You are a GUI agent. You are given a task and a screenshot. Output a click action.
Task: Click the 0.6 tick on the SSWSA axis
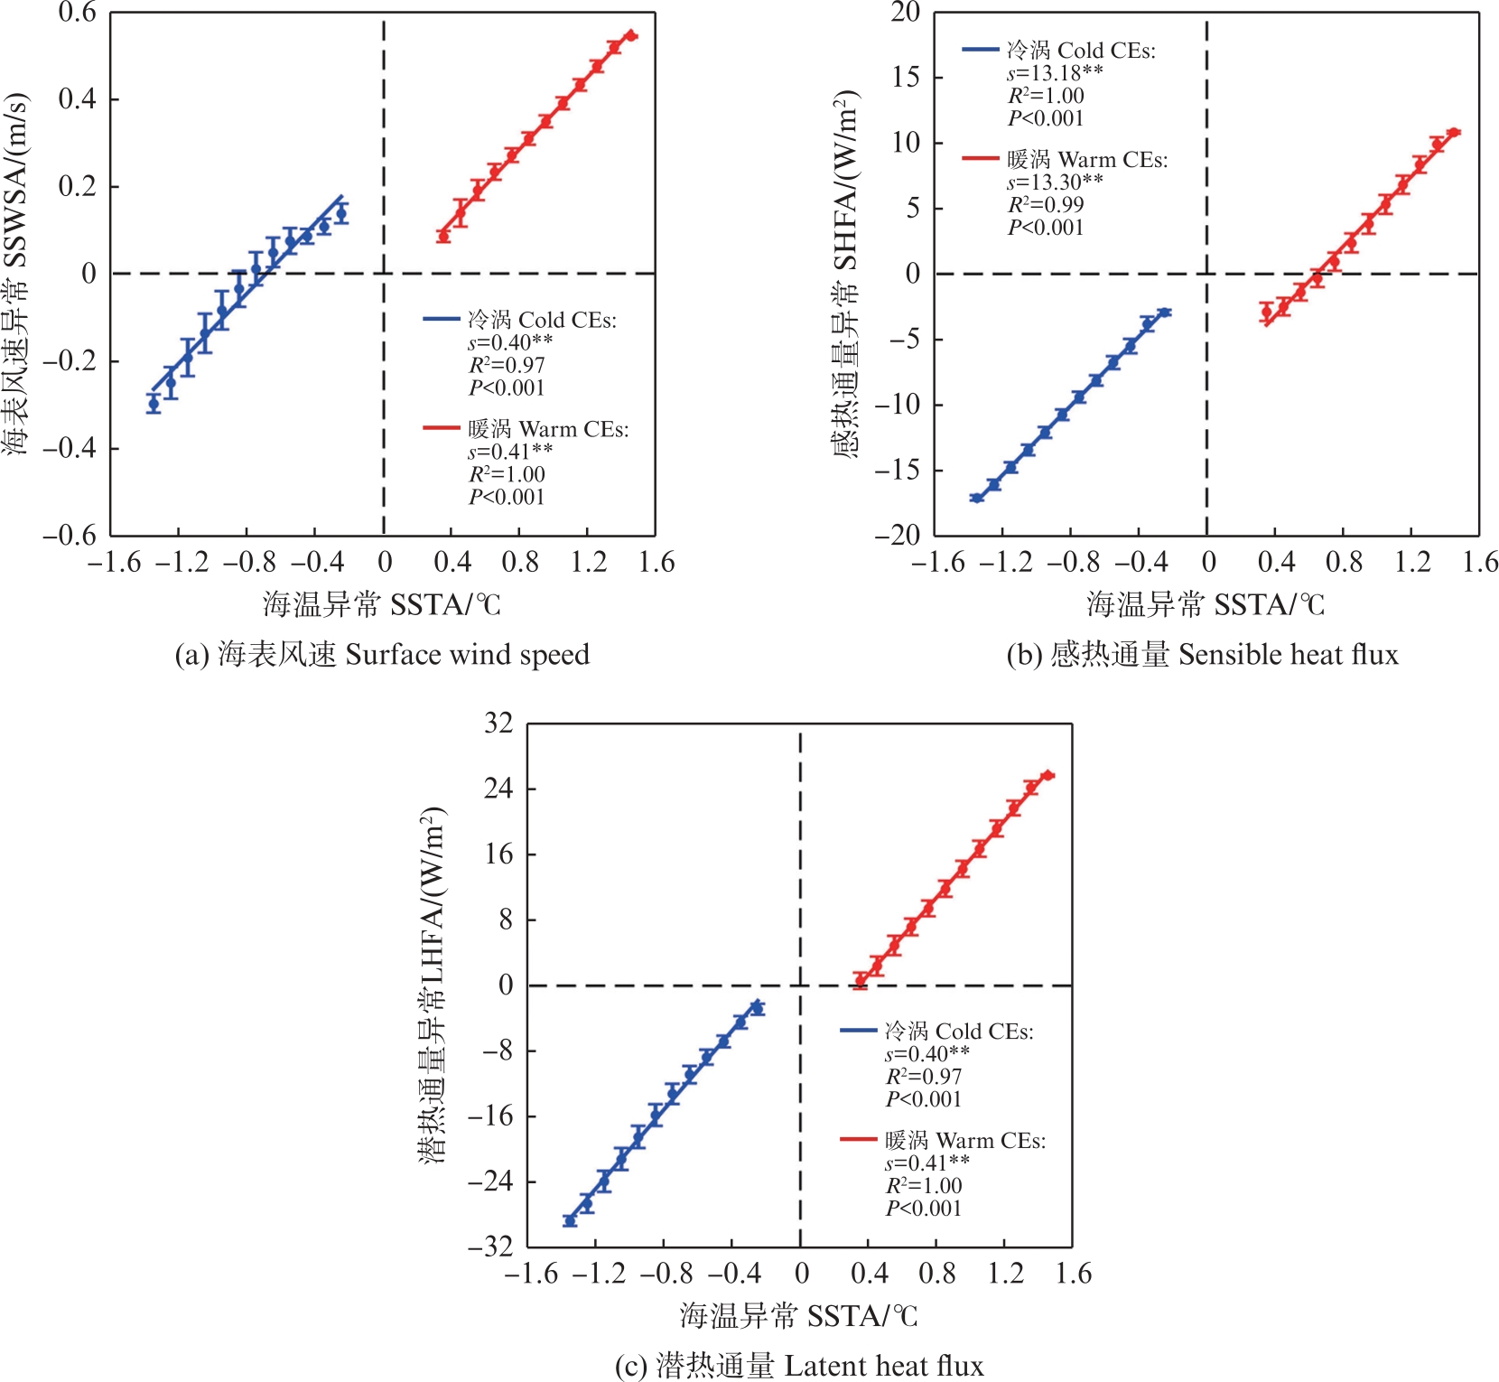pos(77,13)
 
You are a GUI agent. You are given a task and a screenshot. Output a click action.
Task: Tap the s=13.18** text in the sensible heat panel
pos(1054,73)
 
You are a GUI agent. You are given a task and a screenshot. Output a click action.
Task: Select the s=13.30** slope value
pos(1054,182)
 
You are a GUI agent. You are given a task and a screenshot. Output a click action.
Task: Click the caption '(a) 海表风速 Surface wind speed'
pos(381,654)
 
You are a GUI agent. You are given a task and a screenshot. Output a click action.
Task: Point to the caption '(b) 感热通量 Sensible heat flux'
pos(1202,654)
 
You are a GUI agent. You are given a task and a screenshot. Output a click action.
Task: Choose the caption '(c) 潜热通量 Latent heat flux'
pos(799,1365)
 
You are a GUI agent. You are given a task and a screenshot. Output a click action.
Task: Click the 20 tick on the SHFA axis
pos(905,13)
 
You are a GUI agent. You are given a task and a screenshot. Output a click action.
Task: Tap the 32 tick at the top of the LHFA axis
pos(498,724)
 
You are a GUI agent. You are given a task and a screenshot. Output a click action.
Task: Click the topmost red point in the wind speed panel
pos(631,35)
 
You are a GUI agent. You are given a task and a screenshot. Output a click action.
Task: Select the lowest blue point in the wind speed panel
pos(154,404)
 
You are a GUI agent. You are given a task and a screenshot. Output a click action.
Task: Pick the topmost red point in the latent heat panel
pos(1047,775)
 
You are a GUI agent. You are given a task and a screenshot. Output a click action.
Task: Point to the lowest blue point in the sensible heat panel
pos(976,498)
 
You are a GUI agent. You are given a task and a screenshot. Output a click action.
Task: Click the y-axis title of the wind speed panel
pos(16,273)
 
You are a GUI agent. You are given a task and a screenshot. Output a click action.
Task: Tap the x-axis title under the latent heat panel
pos(799,1315)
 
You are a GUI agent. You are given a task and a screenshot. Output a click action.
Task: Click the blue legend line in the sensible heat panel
pos(980,50)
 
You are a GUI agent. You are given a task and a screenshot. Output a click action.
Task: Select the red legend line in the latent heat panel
pos(858,1140)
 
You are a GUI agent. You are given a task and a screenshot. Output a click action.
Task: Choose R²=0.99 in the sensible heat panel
pos(1046,204)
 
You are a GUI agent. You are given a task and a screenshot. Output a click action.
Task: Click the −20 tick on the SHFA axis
pos(897,535)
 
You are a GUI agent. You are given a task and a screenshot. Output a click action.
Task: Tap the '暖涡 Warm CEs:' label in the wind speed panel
pos(548,429)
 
